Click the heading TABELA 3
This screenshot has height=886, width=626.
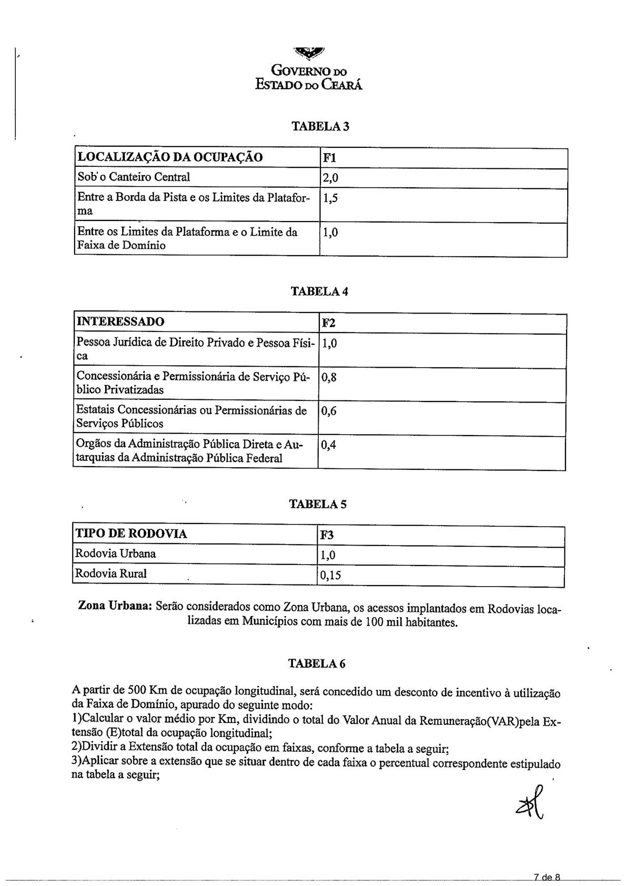(x=320, y=126)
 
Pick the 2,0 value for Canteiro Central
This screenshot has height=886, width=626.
(x=330, y=178)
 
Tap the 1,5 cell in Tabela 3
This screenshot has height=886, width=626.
(x=330, y=198)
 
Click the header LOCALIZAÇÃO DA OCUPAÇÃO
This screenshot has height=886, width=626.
(x=170, y=157)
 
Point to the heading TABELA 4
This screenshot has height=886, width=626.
(x=319, y=291)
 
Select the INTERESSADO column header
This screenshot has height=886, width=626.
(x=120, y=321)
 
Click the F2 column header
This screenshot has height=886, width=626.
(x=329, y=323)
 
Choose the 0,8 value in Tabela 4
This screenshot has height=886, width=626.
(x=329, y=377)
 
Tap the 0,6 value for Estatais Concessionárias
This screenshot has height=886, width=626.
(x=329, y=411)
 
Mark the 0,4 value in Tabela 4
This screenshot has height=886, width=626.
(x=329, y=445)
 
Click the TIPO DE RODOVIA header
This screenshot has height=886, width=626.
(x=131, y=533)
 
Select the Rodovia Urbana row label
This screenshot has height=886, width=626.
(x=116, y=553)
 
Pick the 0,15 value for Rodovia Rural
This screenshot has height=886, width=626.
(x=331, y=575)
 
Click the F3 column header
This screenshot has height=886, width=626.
(x=327, y=535)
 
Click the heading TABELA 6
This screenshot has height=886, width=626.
(x=317, y=663)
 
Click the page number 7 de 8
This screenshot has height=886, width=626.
(x=547, y=877)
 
